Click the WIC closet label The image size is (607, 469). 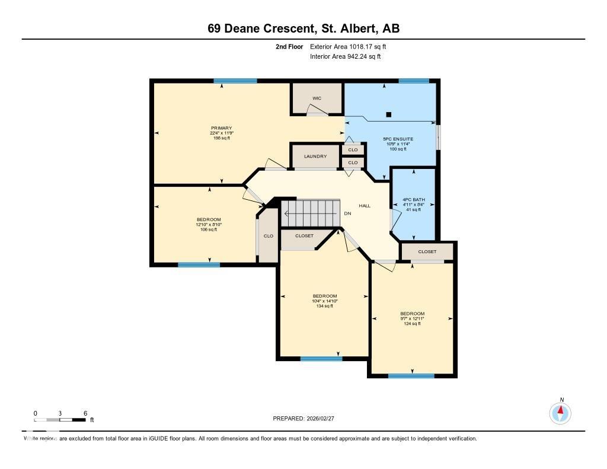pos(317,98)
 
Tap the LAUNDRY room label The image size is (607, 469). pos(315,157)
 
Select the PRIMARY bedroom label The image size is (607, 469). pos(221,128)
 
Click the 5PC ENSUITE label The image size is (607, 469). pos(398,139)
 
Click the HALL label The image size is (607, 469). pos(365,206)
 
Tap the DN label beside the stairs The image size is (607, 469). pos(348,213)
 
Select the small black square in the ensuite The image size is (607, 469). pos(389,114)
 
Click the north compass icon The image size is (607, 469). pos(560,413)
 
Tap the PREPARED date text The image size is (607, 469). pos(307,419)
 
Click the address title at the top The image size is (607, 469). pos(303,28)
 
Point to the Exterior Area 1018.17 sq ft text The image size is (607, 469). pos(348,46)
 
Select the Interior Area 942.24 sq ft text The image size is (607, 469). pos(345,57)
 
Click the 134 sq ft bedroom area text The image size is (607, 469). pos(324,307)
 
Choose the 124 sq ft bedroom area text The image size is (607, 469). pos(412,324)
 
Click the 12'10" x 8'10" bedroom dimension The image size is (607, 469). pos(209,225)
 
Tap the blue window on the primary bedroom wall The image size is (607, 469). pos(235,81)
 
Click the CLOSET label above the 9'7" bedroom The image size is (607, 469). pos(427,252)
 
